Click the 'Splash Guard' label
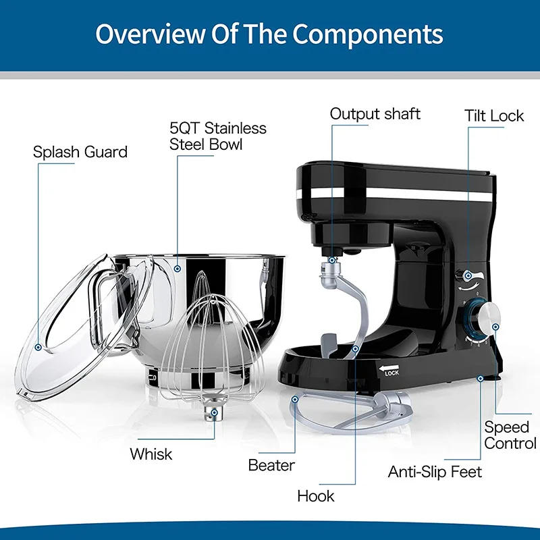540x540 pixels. coord(80,152)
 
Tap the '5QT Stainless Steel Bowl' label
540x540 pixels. coord(217,136)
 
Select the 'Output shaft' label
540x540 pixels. coord(375,113)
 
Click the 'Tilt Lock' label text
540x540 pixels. coord(494,115)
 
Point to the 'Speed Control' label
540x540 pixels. coord(510,435)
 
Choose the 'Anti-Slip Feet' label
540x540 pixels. coord(435,471)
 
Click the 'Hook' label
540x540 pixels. coord(316,496)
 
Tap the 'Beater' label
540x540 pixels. coord(271,465)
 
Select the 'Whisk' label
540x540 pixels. coord(151,454)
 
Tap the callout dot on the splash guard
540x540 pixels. coord(39,347)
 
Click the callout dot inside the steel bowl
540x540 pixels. coord(177,268)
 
